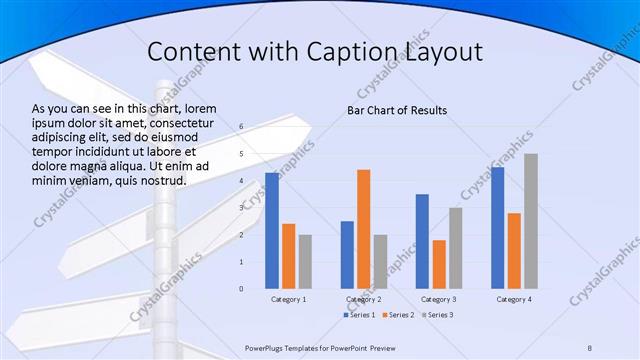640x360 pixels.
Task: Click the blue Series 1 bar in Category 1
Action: [272, 231]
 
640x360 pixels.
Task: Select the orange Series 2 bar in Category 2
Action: [363, 229]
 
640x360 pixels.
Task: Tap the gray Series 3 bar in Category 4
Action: [531, 221]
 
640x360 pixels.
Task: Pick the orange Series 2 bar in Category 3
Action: [439, 264]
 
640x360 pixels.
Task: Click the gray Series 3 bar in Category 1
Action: [305, 262]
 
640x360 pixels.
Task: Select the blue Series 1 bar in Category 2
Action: [347, 255]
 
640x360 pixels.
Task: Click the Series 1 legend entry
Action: [359, 315]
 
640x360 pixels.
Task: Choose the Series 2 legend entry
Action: [398, 315]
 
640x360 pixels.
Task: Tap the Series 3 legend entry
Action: [437, 315]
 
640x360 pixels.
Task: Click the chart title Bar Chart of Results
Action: [397, 110]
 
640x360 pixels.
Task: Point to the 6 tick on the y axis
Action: [241, 127]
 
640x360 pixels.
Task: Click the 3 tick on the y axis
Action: [241, 208]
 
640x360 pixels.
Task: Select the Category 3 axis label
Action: [439, 299]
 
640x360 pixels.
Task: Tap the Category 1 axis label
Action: [289, 299]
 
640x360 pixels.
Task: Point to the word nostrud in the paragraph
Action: [160, 180]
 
